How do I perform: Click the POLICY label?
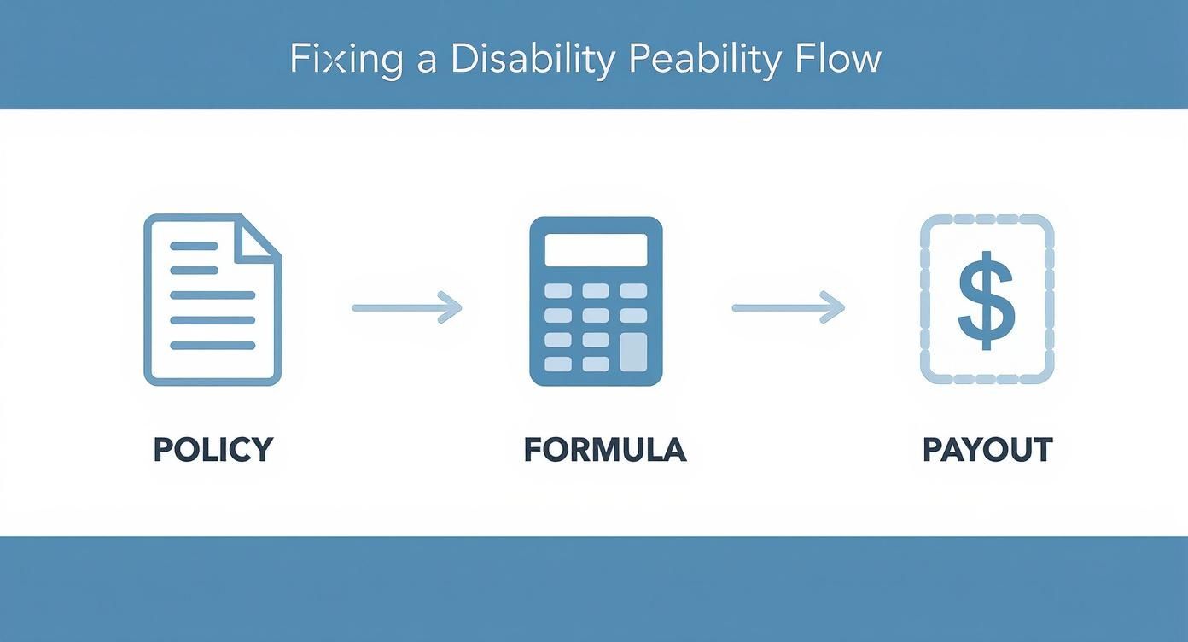[213, 450]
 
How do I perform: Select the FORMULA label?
[604, 450]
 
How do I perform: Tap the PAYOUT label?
[987, 450]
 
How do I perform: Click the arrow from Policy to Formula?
[406, 307]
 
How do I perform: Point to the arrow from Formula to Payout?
[787, 307]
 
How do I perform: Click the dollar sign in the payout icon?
[987, 300]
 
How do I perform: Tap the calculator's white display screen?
[596, 249]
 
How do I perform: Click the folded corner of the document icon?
[258, 236]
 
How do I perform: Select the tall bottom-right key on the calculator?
[633, 352]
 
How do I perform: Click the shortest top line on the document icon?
[195, 246]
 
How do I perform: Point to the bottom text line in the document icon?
[213, 346]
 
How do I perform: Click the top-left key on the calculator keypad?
[558, 291]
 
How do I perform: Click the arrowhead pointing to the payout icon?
[833, 307]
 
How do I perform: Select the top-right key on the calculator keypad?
[633, 291]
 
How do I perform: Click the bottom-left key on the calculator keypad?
[558, 364]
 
